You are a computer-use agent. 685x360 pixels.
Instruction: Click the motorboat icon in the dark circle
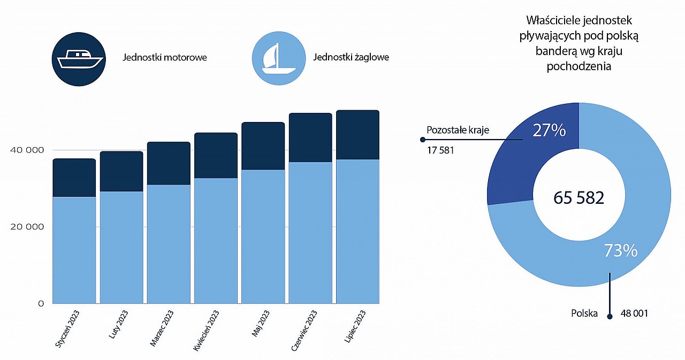[x=80, y=59]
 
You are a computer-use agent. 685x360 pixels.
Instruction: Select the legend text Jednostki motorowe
[x=164, y=57]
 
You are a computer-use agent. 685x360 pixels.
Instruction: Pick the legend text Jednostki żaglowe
[x=351, y=57]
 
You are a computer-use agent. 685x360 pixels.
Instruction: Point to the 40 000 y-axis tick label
[x=27, y=150]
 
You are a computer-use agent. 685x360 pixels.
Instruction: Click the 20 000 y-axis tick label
[x=27, y=227]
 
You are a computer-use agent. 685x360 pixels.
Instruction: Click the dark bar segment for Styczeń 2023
[x=74, y=178]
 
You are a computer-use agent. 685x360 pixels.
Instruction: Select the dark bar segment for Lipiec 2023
[x=358, y=135]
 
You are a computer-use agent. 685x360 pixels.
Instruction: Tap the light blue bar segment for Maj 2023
[x=263, y=236]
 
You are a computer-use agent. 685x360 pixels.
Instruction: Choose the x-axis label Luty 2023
[x=118, y=324]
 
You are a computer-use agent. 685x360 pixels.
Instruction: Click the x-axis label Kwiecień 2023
[x=206, y=331]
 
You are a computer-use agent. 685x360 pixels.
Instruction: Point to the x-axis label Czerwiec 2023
[x=303, y=331]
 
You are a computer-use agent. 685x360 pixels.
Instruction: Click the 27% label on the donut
[x=549, y=131]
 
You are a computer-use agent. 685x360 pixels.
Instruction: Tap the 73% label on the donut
[x=620, y=250]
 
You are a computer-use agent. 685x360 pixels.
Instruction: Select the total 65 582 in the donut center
[x=579, y=197]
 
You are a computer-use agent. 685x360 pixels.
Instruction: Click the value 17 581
[x=440, y=150]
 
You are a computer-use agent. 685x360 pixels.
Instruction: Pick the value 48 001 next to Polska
[x=634, y=313]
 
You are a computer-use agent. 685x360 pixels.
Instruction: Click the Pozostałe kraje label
[x=458, y=130]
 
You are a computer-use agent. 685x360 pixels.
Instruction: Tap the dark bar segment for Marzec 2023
[x=169, y=164]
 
